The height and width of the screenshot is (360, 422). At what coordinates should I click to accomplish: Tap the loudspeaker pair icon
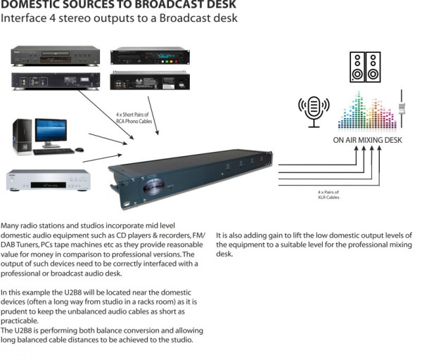(366, 67)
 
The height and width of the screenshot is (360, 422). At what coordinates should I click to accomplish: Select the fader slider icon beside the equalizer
(404, 108)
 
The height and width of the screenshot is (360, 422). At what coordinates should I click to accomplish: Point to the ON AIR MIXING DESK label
(366, 139)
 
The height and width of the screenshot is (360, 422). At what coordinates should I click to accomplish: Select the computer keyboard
(52, 150)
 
